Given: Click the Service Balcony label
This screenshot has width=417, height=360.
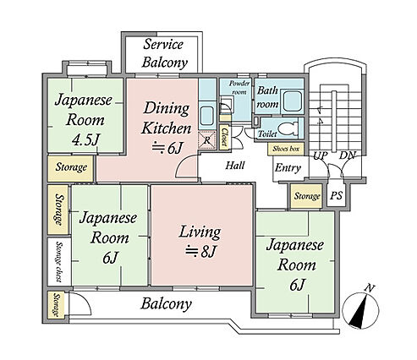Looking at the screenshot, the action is point(165,53).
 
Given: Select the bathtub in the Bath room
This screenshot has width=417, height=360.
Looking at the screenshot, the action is point(293,101).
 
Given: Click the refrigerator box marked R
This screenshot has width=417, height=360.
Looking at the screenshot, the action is point(206,139).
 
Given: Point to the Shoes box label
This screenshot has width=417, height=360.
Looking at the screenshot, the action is point(286,149).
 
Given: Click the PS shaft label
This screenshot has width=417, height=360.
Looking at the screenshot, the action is point(336,195).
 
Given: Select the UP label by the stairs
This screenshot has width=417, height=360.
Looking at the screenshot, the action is point(321,155).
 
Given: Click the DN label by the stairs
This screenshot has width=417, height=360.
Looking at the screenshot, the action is point(348,155).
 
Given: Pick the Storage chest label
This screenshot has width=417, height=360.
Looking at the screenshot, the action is point(58,261).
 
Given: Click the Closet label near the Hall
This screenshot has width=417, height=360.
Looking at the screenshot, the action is point(224,137).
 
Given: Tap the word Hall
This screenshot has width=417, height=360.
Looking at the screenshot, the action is point(235,166).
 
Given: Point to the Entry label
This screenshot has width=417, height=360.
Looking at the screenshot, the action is point(288,168).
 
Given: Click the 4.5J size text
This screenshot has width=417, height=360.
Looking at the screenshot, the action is point(86,139).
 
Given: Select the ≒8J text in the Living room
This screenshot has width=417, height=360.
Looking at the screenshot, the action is point(200,252).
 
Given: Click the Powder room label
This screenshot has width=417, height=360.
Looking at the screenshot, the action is point(239,88).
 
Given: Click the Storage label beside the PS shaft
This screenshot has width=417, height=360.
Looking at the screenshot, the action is point(307,196).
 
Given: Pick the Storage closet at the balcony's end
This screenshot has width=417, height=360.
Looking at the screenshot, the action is point(57,305).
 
